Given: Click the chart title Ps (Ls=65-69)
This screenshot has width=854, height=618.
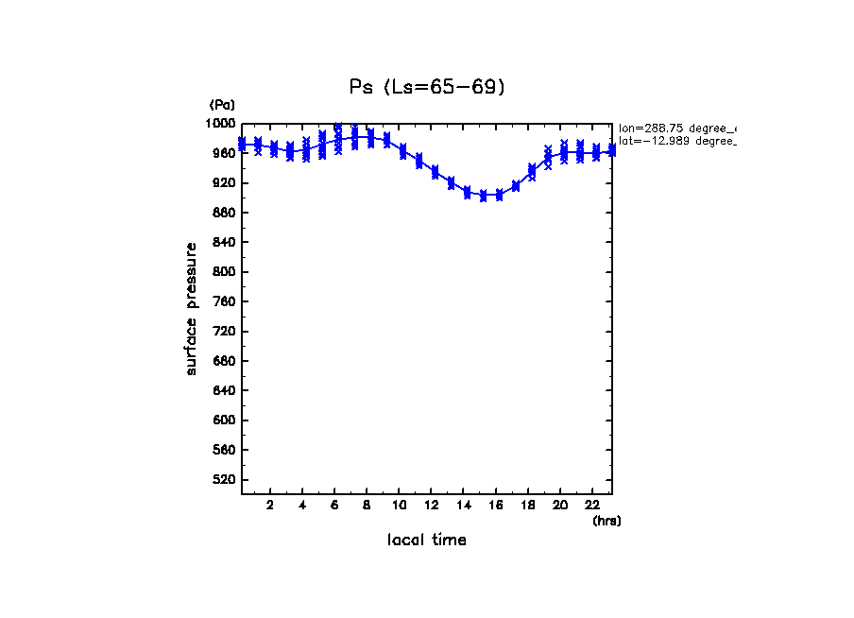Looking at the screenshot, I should coord(427,87).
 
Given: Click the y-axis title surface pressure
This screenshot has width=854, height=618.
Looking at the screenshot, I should coord(192,308).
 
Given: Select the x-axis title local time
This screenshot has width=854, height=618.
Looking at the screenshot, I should coord(426,541).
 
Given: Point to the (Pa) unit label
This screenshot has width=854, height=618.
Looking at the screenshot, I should coord(222,105).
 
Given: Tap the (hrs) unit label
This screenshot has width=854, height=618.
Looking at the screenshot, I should coord(606,521).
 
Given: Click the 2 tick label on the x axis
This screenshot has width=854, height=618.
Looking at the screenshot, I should coord(270,505).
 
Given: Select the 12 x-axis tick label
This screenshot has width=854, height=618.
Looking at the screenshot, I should coord(432,505).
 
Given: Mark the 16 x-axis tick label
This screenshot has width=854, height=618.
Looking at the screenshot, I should coord(496,505).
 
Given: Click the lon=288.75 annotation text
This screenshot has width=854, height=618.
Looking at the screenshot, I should coord(676,128).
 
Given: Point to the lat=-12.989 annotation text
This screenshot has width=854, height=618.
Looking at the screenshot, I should coord(676,141).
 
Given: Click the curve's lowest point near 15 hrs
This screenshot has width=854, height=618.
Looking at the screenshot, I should coord(483,196).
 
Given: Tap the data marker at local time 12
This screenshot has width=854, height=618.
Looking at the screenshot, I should coord(435,171).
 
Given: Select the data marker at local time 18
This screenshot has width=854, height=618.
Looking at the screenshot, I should coord(532,171).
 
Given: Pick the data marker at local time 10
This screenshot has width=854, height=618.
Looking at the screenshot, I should coord(403,151).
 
